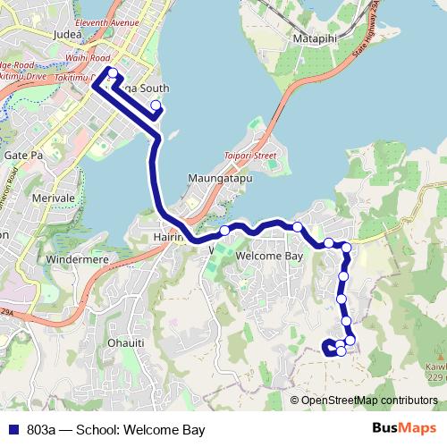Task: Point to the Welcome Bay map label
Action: tap(271, 256)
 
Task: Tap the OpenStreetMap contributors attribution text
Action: tap(369, 400)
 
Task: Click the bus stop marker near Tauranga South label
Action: tap(156, 105)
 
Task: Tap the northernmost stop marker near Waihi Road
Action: tap(112, 72)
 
